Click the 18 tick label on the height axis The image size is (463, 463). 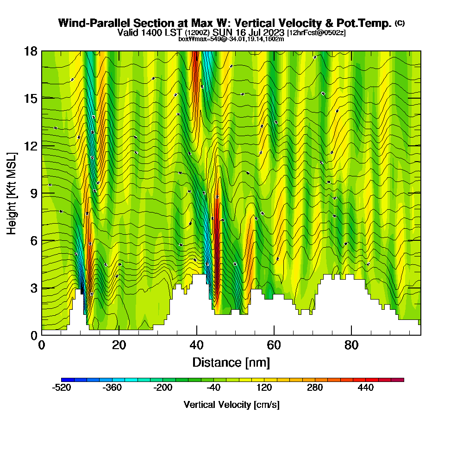pos(31,51)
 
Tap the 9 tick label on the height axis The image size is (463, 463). pos(34,193)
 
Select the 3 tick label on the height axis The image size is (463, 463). pos(34,288)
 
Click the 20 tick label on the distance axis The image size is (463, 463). pos(119,345)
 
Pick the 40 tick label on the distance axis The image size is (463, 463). pos(197,345)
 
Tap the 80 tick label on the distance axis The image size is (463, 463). pos(352,345)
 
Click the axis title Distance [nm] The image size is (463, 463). pos(231,362)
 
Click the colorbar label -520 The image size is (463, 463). pos(62,388)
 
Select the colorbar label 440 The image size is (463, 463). pos(366,388)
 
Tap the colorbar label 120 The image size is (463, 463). pos(264,388)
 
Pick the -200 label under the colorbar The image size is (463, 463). pos(163,388)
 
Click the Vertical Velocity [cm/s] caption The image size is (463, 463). pos(231,405)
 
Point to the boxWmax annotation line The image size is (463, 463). pos(231,39)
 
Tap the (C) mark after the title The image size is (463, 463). pos(400,23)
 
